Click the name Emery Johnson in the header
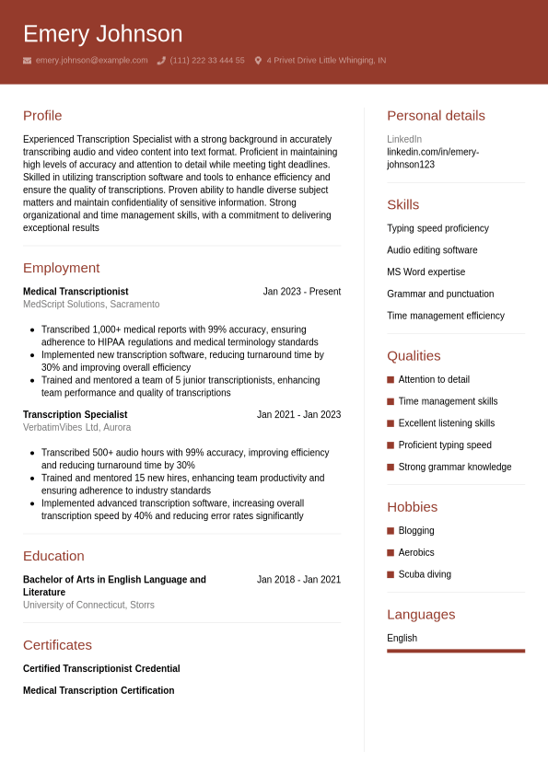click(102, 34)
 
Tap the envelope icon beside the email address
click(27, 61)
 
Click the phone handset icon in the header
click(161, 61)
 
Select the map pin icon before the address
click(258, 61)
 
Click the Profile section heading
click(42, 115)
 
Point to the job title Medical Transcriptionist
click(76, 292)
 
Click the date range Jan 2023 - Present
click(301, 292)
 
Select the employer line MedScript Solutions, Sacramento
click(91, 305)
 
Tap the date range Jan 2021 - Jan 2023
click(298, 415)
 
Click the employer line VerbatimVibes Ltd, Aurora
click(76, 428)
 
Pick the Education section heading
click(53, 556)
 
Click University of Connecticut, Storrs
click(88, 606)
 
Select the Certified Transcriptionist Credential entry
click(101, 669)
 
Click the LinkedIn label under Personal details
click(404, 139)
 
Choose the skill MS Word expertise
click(426, 272)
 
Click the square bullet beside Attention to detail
click(391, 379)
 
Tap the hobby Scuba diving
click(425, 574)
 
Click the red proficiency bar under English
click(456, 651)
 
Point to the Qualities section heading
click(414, 356)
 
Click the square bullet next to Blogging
click(391, 531)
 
